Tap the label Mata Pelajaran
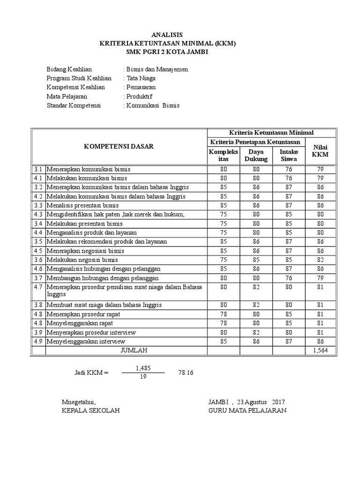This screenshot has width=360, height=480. [x=67, y=96]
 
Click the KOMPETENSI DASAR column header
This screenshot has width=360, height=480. [x=119, y=146]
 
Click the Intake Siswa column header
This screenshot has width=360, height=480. [x=289, y=155]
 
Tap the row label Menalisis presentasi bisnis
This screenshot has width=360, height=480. [x=82, y=205]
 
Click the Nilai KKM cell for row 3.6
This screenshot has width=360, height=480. [x=321, y=259]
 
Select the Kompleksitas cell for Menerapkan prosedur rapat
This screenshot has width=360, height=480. [x=224, y=314]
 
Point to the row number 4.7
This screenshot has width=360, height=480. [x=38, y=286]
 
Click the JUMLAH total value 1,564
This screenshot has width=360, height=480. [x=321, y=351]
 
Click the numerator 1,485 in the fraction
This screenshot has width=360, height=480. [x=143, y=368]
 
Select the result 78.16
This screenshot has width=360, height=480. [x=186, y=373]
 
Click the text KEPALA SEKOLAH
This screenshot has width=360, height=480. [x=90, y=411]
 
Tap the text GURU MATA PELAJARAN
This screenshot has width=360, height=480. [x=247, y=411]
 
